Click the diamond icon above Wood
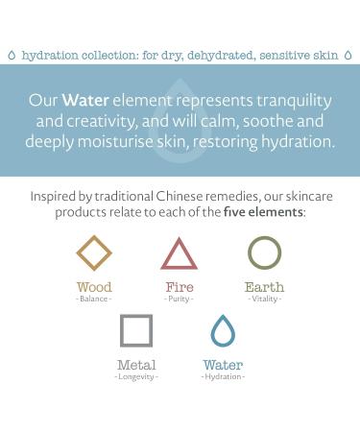(x=94, y=253)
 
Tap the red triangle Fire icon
(x=180, y=254)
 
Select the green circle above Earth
(x=264, y=253)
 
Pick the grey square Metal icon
(x=136, y=331)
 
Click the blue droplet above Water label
(x=223, y=330)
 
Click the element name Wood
(x=94, y=287)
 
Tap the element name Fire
(x=180, y=287)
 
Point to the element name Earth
(x=264, y=287)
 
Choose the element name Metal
(x=136, y=365)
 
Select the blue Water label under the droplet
(x=223, y=365)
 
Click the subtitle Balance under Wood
(x=94, y=299)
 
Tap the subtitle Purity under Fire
(x=180, y=299)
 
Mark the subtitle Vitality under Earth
(x=264, y=299)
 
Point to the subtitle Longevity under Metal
(x=136, y=376)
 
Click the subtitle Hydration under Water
(x=223, y=376)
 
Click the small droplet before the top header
(x=11, y=56)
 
